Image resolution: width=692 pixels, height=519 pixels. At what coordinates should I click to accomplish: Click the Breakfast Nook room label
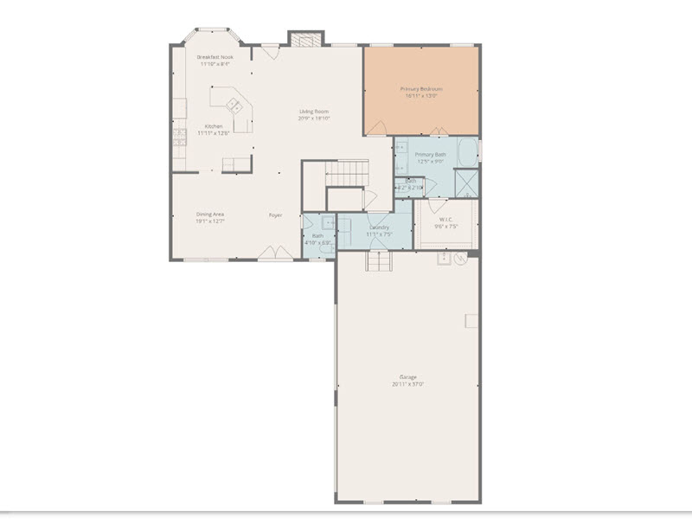215,57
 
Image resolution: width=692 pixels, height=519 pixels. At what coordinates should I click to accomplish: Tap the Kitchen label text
213,126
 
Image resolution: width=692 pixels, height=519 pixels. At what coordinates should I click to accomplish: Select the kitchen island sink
234,106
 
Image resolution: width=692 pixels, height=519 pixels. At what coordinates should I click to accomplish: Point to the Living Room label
315,112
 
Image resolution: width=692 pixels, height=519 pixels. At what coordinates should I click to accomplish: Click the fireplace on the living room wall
304,39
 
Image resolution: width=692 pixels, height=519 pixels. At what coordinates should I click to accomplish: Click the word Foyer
275,215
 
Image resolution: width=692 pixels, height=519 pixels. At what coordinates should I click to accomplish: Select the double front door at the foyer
275,253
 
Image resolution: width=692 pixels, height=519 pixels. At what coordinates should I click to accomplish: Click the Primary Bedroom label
421,89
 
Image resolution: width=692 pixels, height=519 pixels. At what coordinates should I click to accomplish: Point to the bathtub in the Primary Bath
466,152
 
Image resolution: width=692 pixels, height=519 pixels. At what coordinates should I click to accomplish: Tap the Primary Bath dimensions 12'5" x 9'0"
430,162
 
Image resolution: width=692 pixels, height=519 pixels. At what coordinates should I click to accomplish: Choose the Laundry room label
379,227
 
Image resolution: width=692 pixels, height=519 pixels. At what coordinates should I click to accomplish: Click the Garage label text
408,377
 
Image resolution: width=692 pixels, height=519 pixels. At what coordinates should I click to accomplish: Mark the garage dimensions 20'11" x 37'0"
408,384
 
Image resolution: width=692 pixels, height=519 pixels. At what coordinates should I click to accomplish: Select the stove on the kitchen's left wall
181,136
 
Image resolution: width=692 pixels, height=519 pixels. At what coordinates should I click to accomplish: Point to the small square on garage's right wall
471,320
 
